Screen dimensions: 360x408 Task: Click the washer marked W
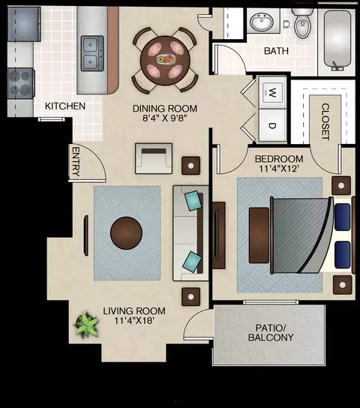(x=272, y=93)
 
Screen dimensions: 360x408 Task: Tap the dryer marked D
(x=272, y=125)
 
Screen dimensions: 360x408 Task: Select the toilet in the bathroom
(x=302, y=24)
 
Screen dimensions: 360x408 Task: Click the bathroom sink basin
(x=262, y=21)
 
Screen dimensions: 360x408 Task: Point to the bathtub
(x=337, y=40)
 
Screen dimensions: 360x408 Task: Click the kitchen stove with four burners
(x=21, y=83)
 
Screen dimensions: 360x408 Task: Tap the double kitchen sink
(x=92, y=53)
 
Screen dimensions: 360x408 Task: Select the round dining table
(x=165, y=60)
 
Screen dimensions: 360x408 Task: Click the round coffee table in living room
(x=126, y=233)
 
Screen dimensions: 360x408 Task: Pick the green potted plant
(x=86, y=325)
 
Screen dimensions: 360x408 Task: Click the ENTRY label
(x=76, y=161)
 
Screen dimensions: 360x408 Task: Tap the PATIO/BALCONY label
(x=271, y=332)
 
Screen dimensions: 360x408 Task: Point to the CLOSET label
(x=325, y=121)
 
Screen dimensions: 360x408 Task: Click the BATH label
(x=276, y=51)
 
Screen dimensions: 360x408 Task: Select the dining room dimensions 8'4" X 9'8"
(x=165, y=118)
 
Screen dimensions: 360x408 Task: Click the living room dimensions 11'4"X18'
(x=134, y=320)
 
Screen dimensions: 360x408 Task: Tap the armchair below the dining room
(x=154, y=158)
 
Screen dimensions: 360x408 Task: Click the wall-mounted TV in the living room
(x=85, y=235)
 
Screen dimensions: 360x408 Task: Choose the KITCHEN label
(x=65, y=106)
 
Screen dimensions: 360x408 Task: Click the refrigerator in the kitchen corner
(x=24, y=24)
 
